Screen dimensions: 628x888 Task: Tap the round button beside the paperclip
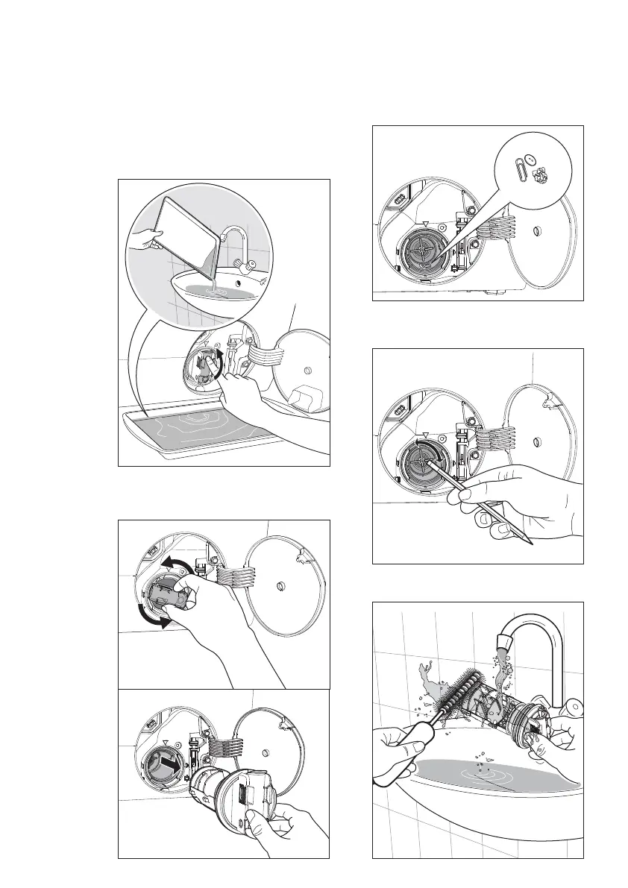click(529, 159)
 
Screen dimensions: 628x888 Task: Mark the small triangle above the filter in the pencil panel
click(424, 434)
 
